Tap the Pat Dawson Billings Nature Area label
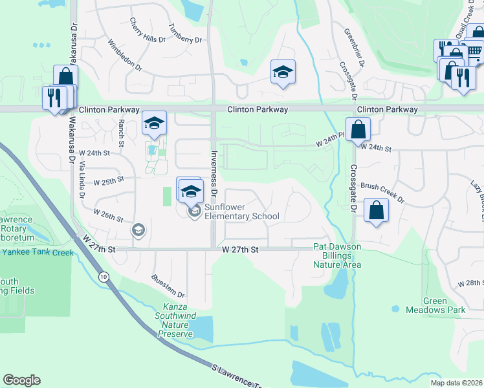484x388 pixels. pos(336,255)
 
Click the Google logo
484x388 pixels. pos(21,380)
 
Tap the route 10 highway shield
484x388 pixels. pos(104,277)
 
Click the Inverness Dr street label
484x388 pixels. pos(215,175)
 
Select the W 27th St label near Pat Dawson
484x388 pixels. pos(240,249)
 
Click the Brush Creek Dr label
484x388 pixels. pos(382,192)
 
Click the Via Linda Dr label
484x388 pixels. pos(81,182)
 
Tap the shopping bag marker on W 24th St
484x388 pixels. pos(358,129)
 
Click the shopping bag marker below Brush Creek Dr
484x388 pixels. pos(376,210)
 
